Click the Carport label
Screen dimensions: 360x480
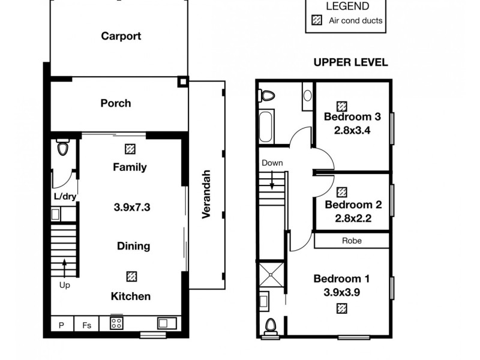pyautogui.click(x=121, y=36)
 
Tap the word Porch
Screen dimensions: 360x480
pyautogui.click(x=115, y=103)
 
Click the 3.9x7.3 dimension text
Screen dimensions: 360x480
pyautogui.click(x=131, y=208)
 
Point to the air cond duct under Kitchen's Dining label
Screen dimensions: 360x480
pyautogui.click(x=131, y=276)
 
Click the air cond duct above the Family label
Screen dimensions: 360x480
pyautogui.click(x=130, y=148)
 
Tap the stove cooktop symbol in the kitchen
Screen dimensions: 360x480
pyautogui.click(x=116, y=323)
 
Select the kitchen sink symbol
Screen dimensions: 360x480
pyautogui.click(x=166, y=323)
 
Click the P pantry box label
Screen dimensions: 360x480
pyautogui.click(x=61, y=325)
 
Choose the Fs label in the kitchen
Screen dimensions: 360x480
pyautogui.click(x=87, y=325)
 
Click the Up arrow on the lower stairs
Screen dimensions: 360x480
pyautogui.click(x=64, y=266)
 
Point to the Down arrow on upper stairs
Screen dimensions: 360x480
pyautogui.click(x=272, y=179)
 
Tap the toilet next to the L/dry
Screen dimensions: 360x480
pyautogui.click(x=62, y=147)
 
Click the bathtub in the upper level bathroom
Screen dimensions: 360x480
pyautogui.click(x=266, y=125)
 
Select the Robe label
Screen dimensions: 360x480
pyautogui.click(x=352, y=241)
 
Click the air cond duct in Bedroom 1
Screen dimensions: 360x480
pyautogui.click(x=341, y=308)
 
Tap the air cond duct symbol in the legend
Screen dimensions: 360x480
pyautogui.click(x=317, y=20)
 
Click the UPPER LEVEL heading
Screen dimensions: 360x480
pyautogui.click(x=351, y=62)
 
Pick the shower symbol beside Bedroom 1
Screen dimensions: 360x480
pyautogui.click(x=271, y=275)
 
